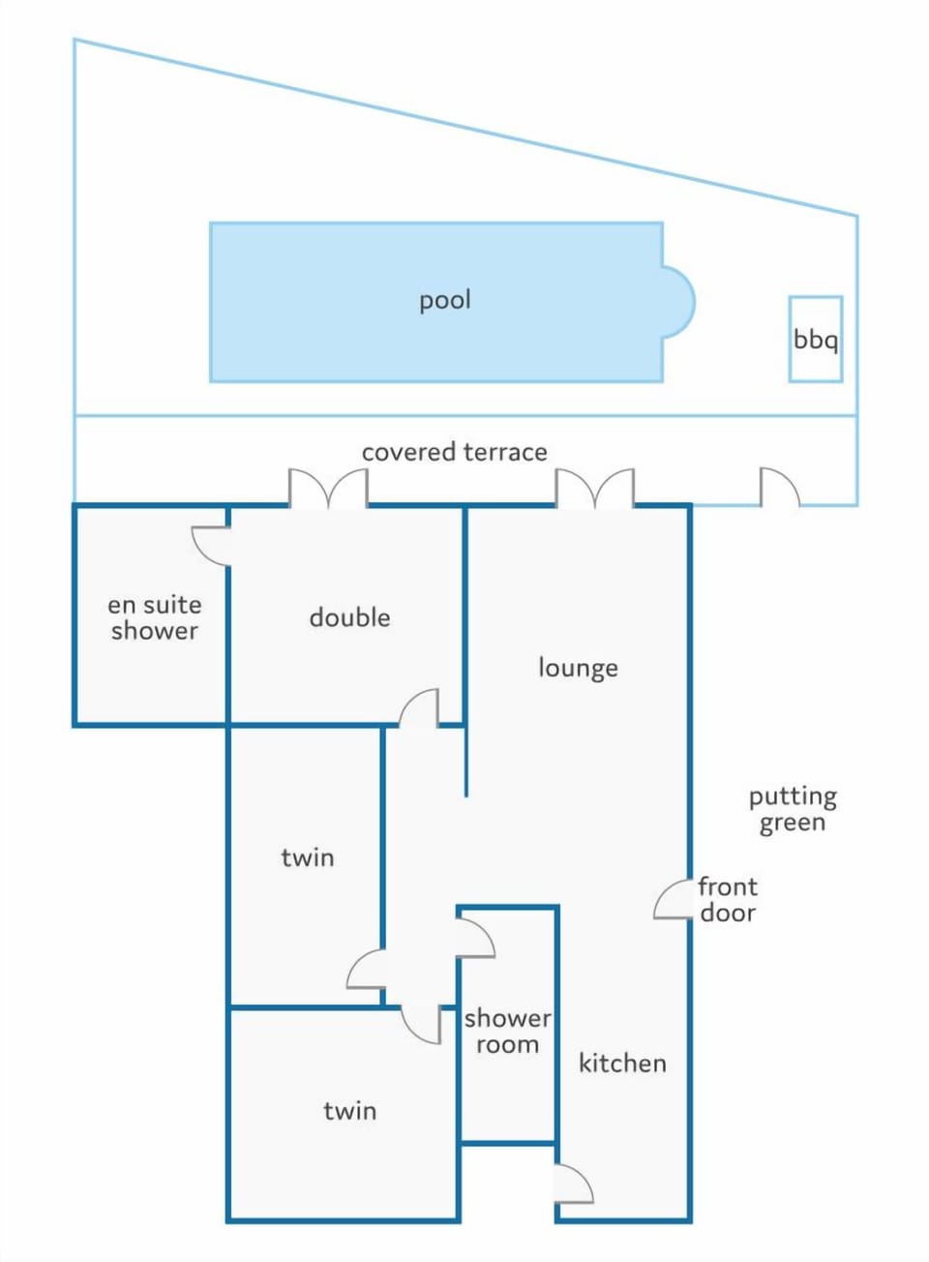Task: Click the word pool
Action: (445, 301)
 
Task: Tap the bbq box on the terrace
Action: (815, 339)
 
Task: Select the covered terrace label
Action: (454, 452)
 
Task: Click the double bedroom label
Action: (350, 617)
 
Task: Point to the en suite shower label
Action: (155, 617)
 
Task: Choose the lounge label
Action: (578, 669)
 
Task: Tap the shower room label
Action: (508, 1032)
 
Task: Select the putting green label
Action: (793, 810)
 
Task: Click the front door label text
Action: (728, 900)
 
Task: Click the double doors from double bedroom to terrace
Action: (328, 488)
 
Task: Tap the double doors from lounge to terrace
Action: (595, 488)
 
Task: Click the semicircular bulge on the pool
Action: (679, 302)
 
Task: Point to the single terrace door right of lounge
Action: (780, 487)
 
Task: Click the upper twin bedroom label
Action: (308, 858)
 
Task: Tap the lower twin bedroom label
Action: (350, 1111)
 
